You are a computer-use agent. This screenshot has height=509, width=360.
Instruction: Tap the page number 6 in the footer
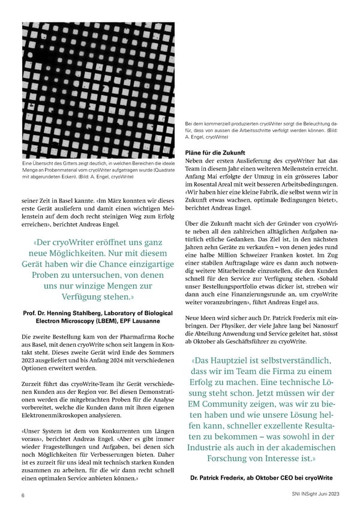coord(23,495)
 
